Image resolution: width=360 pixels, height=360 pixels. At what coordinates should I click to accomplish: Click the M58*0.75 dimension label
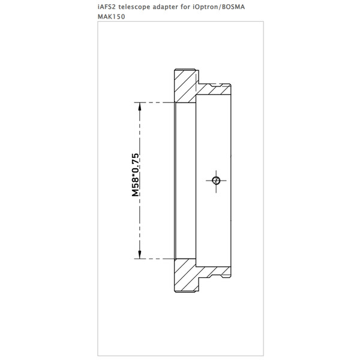tap(135, 175)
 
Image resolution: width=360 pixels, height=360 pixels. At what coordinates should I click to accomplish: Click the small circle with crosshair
tap(216, 181)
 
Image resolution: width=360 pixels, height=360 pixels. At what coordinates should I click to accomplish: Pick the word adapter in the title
tap(164, 7)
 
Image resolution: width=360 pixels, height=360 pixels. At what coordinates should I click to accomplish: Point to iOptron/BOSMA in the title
tap(217, 7)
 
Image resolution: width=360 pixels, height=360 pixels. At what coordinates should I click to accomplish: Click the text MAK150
tap(112, 17)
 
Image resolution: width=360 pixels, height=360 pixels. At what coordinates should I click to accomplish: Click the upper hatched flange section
tap(185, 86)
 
